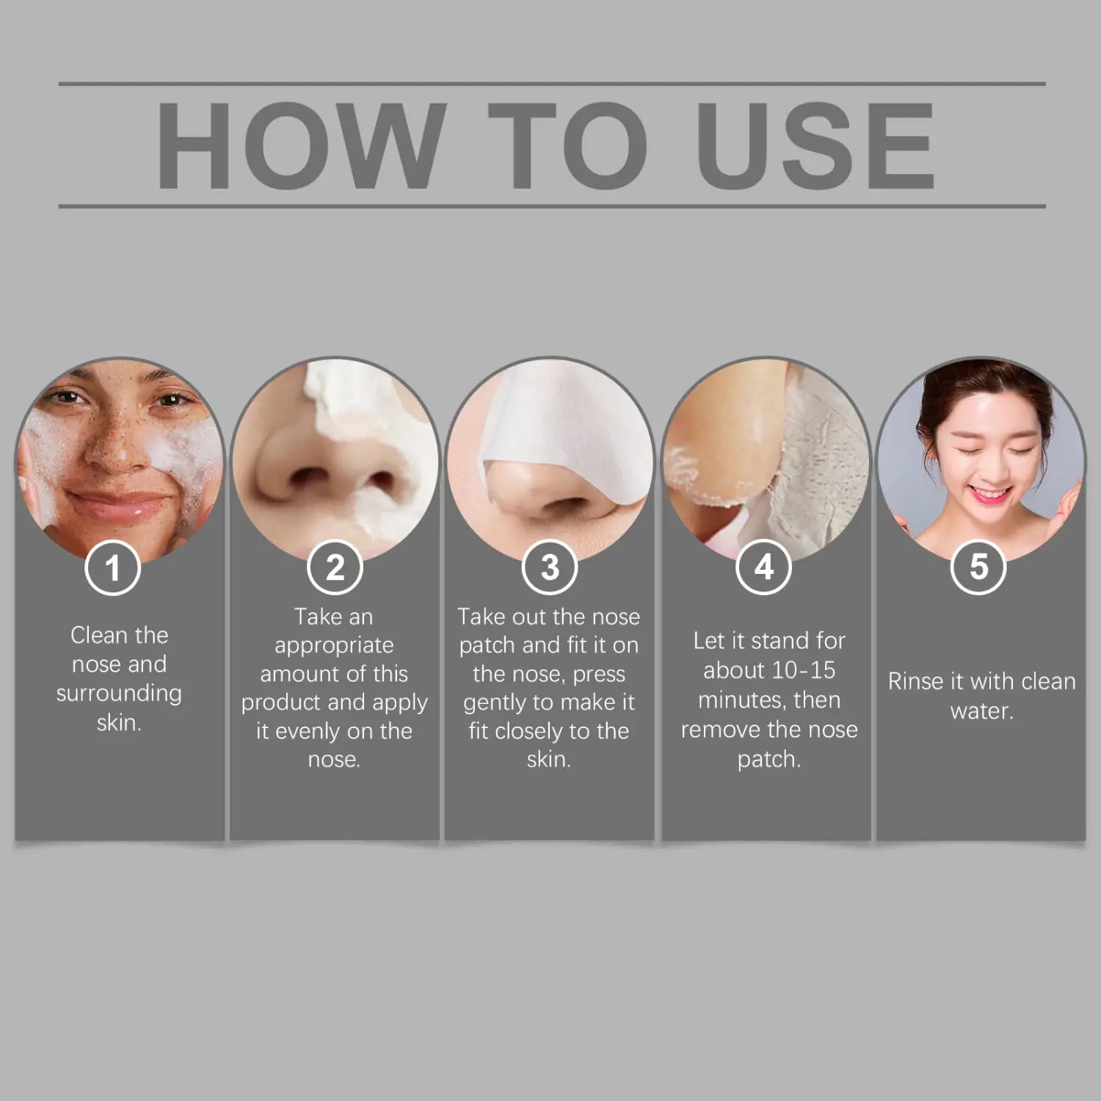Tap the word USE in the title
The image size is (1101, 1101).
(815, 145)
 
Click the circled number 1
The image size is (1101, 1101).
(112, 567)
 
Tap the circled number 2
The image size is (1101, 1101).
(335, 567)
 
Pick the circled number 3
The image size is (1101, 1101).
(550, 567)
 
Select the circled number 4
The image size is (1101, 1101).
(764, 567)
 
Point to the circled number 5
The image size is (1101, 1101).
(978, 567)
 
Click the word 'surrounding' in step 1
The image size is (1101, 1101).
(119, 694)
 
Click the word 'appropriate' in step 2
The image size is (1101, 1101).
(334, 645)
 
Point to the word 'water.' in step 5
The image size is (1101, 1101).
(981, 711)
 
